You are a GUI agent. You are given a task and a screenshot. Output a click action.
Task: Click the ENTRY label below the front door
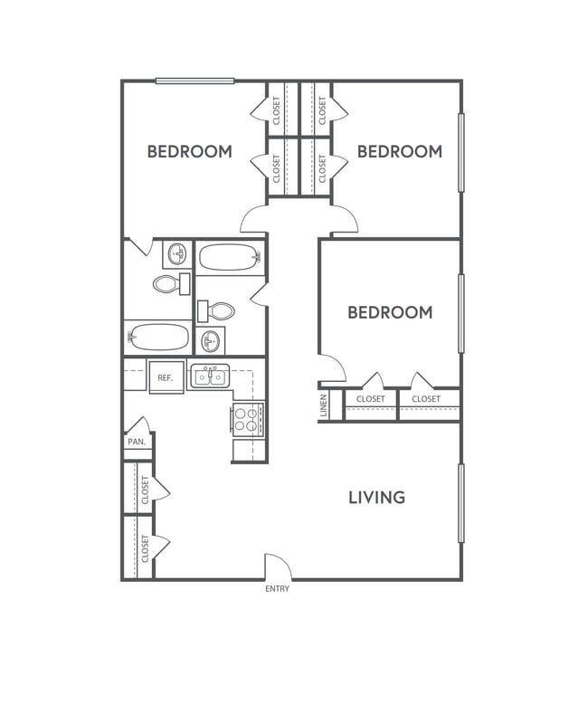coord(277,589)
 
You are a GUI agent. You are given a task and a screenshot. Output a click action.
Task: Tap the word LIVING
coord(376,497)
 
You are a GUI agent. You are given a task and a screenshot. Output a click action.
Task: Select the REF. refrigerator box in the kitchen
coord(166,377)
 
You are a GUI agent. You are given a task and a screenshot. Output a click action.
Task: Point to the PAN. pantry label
coord(137,442)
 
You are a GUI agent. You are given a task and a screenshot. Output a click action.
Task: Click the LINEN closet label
coord(324,405)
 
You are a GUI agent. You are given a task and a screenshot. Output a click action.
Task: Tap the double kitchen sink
coord(211,375)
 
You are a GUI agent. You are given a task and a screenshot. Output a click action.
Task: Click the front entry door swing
coord(278,567)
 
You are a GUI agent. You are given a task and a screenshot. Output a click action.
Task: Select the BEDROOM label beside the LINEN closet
coord(390,312)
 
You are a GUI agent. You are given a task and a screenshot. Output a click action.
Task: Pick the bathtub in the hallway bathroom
coord(230,258)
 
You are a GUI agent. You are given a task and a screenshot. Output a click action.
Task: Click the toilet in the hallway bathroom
coord(218,311)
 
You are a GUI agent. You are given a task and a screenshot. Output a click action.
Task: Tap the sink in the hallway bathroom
coord(210,340)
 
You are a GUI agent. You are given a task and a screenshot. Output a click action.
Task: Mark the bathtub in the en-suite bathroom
coord(159,338)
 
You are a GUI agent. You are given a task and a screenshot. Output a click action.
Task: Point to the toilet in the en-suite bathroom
coord(168,284)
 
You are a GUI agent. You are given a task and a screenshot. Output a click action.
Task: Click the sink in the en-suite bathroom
coord(178,252)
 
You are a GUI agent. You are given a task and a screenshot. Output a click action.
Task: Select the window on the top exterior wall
coord(194,81)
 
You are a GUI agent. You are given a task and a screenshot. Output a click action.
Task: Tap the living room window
coord(460,502)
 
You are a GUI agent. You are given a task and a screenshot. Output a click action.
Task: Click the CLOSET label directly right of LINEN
coord(370,399)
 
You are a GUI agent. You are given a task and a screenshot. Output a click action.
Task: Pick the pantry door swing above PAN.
coord(138,424)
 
